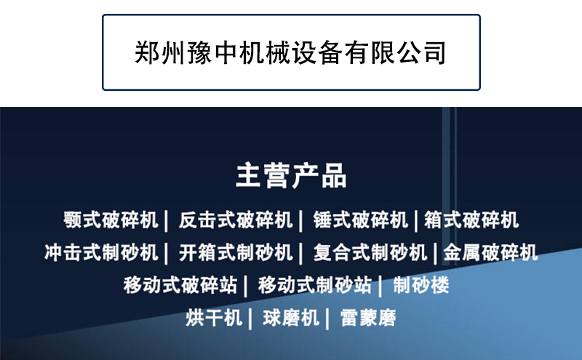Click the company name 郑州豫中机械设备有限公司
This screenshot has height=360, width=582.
(x=290, y=52)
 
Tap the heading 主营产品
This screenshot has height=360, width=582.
(x=292, y=175)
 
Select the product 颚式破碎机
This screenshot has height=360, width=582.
(x=111, y=220)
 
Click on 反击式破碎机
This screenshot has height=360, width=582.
(x=236, y=220)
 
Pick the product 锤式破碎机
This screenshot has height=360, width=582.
(x=360, y=220)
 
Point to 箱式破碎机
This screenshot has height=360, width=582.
(x=471, y=220)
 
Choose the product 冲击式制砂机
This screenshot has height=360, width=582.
(x=101, y=252)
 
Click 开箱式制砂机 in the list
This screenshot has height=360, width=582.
(x=236, y=252)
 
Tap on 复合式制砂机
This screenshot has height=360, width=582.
(x=370, y=252)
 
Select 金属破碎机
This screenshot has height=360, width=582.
(x=490, y=252)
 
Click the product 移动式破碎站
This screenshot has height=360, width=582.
(x=180, y=285)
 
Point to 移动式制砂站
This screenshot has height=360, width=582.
(x=315, y=285)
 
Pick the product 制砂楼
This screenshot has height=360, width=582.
(x=421, y=285)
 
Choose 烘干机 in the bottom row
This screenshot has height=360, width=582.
(x=214, y=318)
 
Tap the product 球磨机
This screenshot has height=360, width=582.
(x=291, y=318)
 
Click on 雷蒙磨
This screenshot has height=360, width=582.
(x=368, y=318)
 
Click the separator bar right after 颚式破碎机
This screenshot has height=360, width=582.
(x=167, y=221)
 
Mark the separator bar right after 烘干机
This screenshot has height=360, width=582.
(x=250, y=319)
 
